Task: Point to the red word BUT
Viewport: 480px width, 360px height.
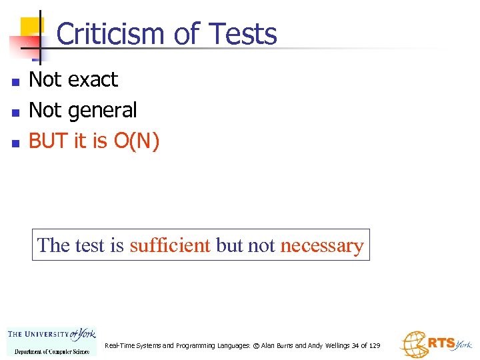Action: click(51, 141)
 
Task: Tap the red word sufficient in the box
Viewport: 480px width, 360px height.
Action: click(170, 245)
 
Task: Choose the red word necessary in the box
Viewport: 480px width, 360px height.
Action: click(322, 245)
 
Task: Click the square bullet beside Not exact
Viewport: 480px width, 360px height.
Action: click(15, 82)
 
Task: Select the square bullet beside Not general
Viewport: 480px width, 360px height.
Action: click(15, 112)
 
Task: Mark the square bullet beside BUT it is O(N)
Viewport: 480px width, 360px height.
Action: click(15, 143)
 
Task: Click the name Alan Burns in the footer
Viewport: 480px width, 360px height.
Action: click(276, 345)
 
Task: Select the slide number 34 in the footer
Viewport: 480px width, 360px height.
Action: click(355, 345)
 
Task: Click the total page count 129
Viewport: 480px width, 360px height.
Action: click(374, 345)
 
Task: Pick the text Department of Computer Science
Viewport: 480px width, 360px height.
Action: click(51, 351)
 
